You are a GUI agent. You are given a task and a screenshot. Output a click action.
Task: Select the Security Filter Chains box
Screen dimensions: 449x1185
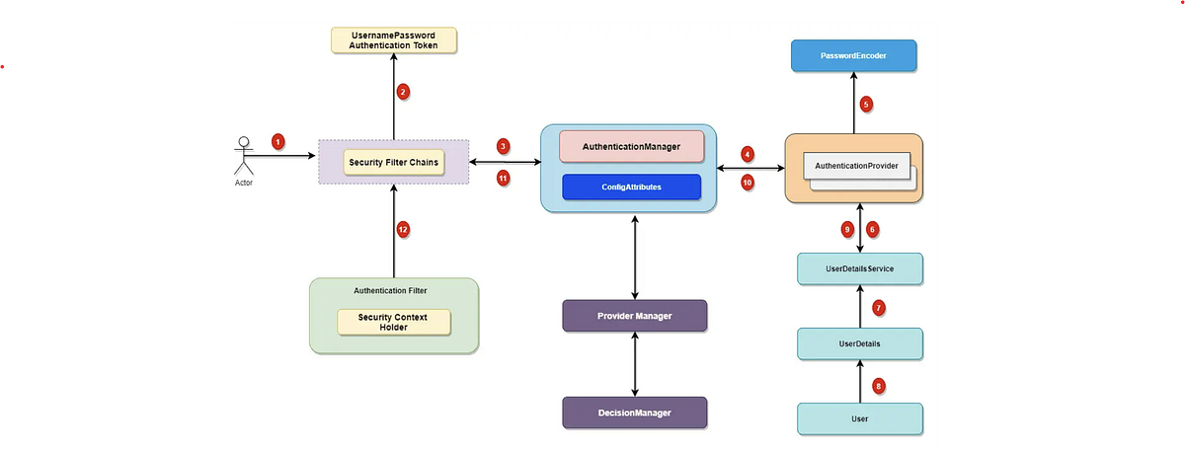point(393,162)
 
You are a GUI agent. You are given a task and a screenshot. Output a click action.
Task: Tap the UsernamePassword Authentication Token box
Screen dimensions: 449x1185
point(393,40)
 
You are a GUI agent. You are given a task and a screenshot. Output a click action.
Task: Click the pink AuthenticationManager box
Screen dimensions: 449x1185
point(631,146)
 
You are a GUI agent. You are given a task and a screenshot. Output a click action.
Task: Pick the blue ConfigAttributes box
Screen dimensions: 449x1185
point(631,187)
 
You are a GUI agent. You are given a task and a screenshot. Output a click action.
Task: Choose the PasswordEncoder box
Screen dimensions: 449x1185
point(853,56)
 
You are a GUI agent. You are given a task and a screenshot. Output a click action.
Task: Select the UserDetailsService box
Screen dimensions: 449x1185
point(859,268)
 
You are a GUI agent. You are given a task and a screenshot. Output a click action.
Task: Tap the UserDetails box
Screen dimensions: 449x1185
point(859,343)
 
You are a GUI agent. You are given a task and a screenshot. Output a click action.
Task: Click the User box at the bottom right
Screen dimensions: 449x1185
point(859,418)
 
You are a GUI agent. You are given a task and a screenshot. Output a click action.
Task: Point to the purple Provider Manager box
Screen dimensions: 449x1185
point(634,316)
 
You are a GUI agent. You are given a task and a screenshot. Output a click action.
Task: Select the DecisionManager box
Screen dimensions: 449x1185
point(634,412)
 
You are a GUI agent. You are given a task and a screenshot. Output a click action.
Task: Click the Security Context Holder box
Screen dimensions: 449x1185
point(393,322)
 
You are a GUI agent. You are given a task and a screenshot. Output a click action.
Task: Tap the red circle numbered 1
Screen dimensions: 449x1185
point(278,142)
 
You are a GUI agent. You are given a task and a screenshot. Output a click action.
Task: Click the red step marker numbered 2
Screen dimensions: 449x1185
point(403,92)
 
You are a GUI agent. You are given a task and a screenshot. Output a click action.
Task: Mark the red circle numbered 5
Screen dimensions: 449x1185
point(866,104)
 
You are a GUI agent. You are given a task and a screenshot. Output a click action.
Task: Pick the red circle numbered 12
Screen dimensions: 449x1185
point(403,229)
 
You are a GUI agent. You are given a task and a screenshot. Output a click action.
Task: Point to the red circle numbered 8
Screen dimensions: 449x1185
point(879,386)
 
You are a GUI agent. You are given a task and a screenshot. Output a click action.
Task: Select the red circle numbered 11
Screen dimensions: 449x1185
point(504,179)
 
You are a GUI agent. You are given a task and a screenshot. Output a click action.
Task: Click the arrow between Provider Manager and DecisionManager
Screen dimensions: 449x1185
point(634,364)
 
